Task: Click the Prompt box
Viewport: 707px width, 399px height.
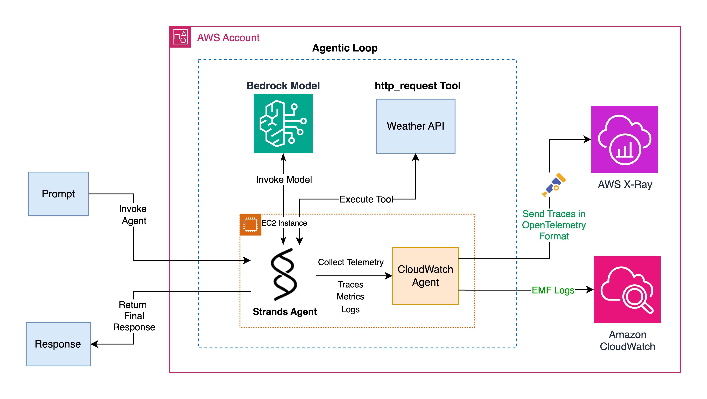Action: pyautogui.click(x=58, y=194)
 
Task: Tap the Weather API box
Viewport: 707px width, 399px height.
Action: pyautogui.click(x=415, y=126)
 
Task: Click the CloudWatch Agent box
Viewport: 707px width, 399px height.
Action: pyautogui.click(x=425, y=276)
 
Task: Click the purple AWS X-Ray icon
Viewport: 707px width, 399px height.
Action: pyautogui.click(x=624, y=139)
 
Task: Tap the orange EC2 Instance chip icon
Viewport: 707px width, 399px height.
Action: pyautogui.click(x=250, y=224)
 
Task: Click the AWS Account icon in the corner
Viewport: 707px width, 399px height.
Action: pyautogui.click(x=180, y=37)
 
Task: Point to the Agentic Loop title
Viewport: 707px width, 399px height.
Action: pyautogui.click(x=345, y=48)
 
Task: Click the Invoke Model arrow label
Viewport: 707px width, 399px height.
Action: pyautogui.click(x=284, y=180)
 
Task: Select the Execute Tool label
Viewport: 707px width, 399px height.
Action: pyautogui.click(x=366, y=199)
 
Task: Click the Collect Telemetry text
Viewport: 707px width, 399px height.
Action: pyautogui.click(x=351, y=262)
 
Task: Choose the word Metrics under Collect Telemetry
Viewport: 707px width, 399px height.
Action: pyautogui.click(x=350, y=297)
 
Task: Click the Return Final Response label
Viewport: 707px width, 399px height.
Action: pyautogui.click(x=134, y=316)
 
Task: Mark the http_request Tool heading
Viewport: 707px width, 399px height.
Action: pyautogui.click(x=417, y=86)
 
